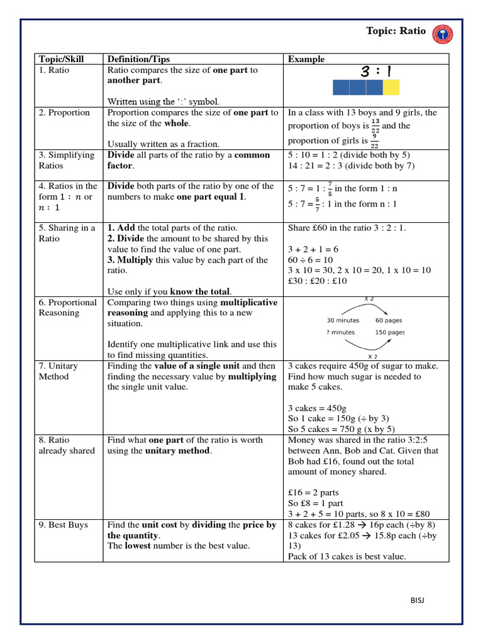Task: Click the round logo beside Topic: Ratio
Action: pyautogui.click(x=443, y=35)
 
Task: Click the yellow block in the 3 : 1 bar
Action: pyautogui.click(x=391, y=88)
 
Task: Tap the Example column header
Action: pyautogui.click(x=306, y=59)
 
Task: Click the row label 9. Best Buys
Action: pyautogui.click(x=64, y=524)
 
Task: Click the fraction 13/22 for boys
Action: pyautogui.click(x=375, y=125)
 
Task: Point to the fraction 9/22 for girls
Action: pyautogui.click(x=375, y=141)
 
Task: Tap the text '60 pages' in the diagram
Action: pyautogui.click(x=389, y=320)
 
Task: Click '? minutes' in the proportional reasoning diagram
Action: pyautogui.click(x=341, y=332)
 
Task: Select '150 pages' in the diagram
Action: pyautogui.click(x=389, y=332)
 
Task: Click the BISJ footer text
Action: pyautogui.click(x=416, y=600)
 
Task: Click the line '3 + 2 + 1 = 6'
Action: pyautogui.click(x=313, y=249)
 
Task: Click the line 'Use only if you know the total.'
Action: pyautogui.click(x=170, y=291)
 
